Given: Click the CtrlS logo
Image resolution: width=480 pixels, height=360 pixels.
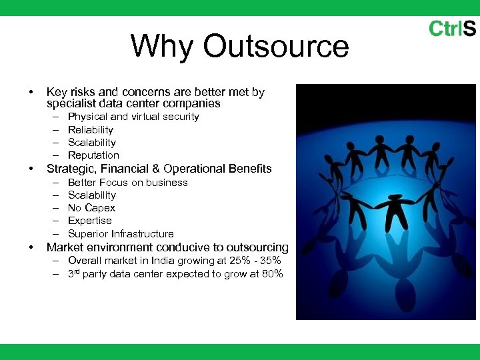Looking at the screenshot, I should point(452,29).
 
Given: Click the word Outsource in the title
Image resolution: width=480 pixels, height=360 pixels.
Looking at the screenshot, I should point(275,47).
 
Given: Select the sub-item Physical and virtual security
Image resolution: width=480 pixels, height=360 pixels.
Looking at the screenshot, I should point(133,117).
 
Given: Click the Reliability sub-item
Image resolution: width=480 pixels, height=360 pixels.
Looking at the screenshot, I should point(91,130).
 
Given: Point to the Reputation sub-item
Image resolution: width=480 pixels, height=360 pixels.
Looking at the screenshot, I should point(93,155).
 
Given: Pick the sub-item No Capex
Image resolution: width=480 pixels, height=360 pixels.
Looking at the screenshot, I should point(91,208).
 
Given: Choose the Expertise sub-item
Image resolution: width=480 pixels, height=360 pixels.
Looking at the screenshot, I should point(90,221).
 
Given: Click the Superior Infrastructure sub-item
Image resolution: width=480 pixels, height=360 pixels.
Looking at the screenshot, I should point(121,234).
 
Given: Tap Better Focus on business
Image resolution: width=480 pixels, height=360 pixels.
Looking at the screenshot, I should point(128,183).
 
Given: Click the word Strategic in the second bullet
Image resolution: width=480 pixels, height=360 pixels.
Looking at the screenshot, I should point(69,169).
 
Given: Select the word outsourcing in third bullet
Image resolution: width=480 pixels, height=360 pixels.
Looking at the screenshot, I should point(257,247).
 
